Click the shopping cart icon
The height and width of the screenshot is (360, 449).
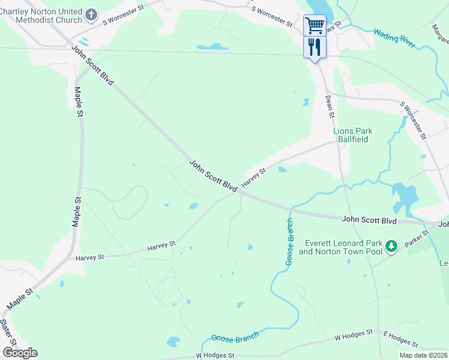point(315,25)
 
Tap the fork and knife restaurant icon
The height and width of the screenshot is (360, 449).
point(315,47)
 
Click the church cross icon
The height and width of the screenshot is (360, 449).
point(91,14)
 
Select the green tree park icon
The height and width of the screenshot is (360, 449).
point(391,246)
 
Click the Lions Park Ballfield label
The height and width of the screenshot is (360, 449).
point(353,135)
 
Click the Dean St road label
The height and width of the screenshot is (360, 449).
point(330,106)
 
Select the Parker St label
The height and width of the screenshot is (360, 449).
point(418,238)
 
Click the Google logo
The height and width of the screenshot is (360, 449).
point(20,353)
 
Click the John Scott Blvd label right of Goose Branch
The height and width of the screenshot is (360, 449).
point(369,220)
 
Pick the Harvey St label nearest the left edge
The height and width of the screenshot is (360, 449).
point(90,257)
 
